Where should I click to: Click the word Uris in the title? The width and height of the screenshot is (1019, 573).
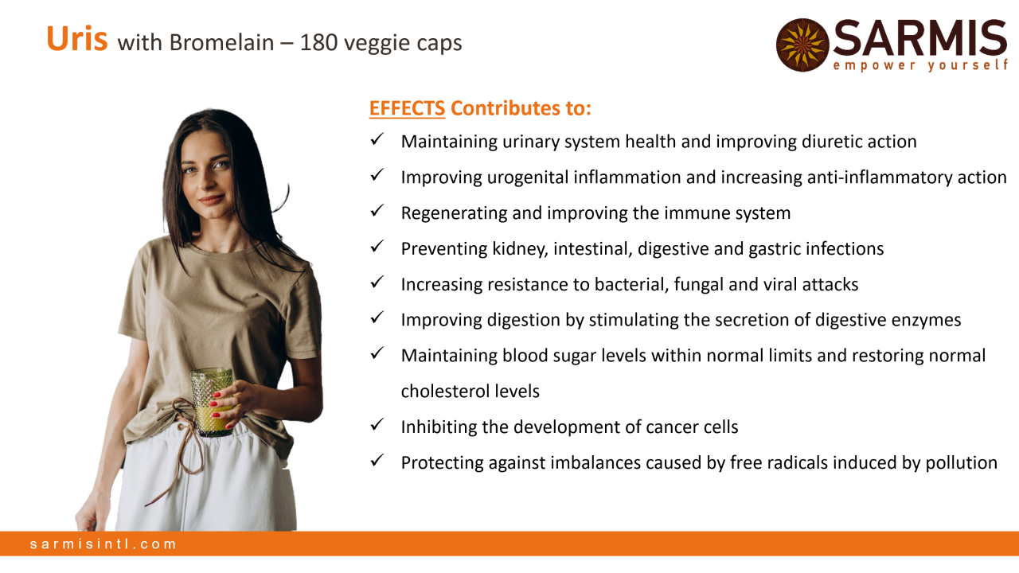[77, 39]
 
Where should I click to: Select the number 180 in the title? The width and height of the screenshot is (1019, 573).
[318, 43]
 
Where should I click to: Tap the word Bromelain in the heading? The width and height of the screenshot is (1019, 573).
[221, 43]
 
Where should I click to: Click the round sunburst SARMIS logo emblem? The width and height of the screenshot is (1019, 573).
[802, 45]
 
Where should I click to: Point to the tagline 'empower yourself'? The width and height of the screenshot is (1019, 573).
[921, 65]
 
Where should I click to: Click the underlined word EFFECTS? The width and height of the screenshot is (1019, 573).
[407, 108]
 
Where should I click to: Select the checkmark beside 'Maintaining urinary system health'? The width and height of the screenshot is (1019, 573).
[377, 139]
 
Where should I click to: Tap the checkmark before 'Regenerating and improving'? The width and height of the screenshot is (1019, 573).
[377, 211]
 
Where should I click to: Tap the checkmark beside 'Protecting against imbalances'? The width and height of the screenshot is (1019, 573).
[377, 460]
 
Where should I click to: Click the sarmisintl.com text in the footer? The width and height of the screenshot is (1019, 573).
[103, 544]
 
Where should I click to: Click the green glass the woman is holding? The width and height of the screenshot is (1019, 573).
[213, 402]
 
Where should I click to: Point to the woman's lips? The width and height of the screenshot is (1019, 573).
[212, 199]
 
